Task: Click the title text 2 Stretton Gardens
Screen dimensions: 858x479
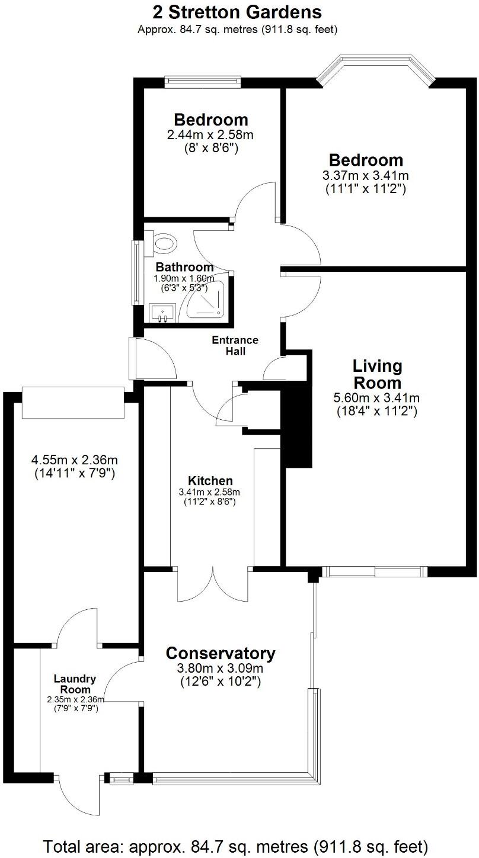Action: tap(237, 12)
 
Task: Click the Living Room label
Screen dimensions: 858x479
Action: tap(377, 374)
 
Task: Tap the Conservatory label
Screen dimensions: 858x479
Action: tap(221, 654)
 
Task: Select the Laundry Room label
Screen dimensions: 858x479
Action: tap(75, 684)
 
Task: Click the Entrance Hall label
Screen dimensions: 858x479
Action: tap(235, 345)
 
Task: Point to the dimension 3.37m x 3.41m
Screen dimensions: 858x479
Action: tap(366, 176)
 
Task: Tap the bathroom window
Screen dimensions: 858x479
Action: tap(136, 272)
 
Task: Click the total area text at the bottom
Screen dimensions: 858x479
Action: tap(236, 845)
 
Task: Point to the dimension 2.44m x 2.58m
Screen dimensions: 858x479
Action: tap(203, 135)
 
